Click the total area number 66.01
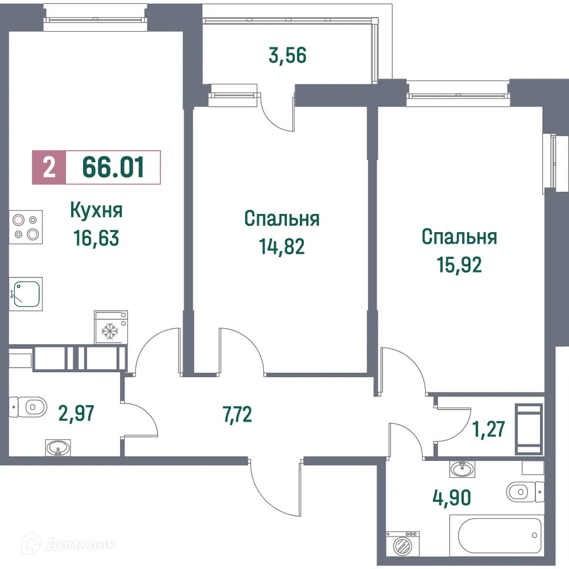tap(113, 167)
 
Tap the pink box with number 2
tap(50, 167)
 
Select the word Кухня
tap(96, 211)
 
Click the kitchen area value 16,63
tap(96, 238)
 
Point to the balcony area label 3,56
tap(287, 56)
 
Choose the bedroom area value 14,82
tap(282, 246)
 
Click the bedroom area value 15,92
tap(459, 265)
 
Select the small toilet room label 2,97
tap(76, 411)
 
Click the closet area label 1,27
tap(488, 428)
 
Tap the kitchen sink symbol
tap(27, 294)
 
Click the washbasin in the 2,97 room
tap(58, 449)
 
